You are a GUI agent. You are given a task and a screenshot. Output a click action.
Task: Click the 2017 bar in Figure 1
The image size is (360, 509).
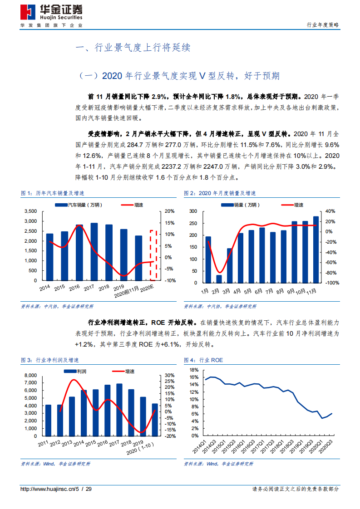(94, 251)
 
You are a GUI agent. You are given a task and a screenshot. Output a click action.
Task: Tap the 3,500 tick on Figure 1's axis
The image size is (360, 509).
(30, 211)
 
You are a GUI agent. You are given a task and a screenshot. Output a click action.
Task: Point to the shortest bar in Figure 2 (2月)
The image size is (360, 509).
(219, 278)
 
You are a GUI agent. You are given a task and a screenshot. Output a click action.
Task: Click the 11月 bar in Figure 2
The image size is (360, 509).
(316, 249)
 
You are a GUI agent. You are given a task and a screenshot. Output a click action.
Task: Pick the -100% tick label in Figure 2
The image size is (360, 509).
(328, 283)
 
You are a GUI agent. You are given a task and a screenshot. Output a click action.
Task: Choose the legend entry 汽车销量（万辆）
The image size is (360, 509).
(79, 205)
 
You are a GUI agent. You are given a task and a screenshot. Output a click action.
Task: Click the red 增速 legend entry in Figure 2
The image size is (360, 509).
(292, 205)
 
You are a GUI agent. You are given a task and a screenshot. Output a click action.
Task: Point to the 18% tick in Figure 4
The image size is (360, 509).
(193, 370)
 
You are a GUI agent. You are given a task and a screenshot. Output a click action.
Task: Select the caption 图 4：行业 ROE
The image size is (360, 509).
(203, 360)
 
